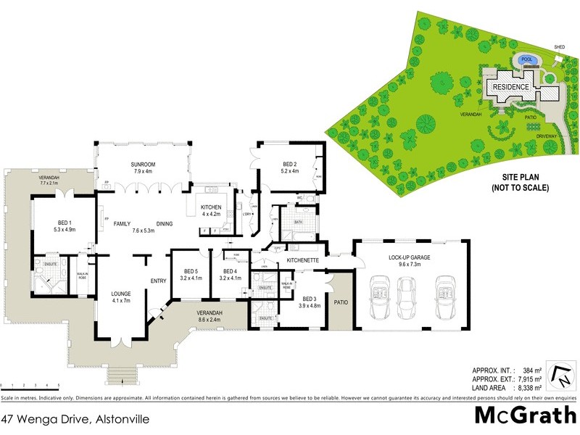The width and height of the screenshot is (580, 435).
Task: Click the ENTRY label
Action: point(158,281)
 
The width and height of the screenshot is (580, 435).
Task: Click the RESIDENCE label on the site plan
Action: point(511,87)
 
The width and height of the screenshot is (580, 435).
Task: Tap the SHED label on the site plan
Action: point(559,47)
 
